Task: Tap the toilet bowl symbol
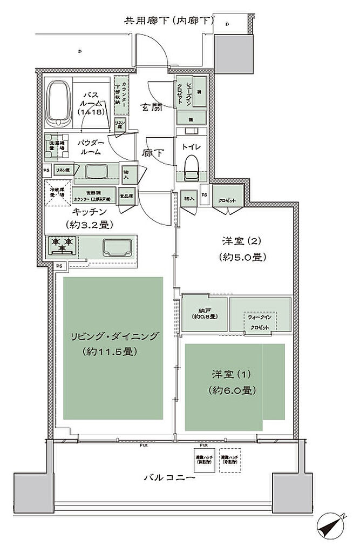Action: click(191, 166)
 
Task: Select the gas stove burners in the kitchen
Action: click(63, 245)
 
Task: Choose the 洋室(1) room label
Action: click(232, 381)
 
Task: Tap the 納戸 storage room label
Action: click(204, 314)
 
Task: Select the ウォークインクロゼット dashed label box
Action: click(260, 323)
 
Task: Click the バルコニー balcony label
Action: click(169, 477)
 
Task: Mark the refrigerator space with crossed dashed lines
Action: click(57, 193)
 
